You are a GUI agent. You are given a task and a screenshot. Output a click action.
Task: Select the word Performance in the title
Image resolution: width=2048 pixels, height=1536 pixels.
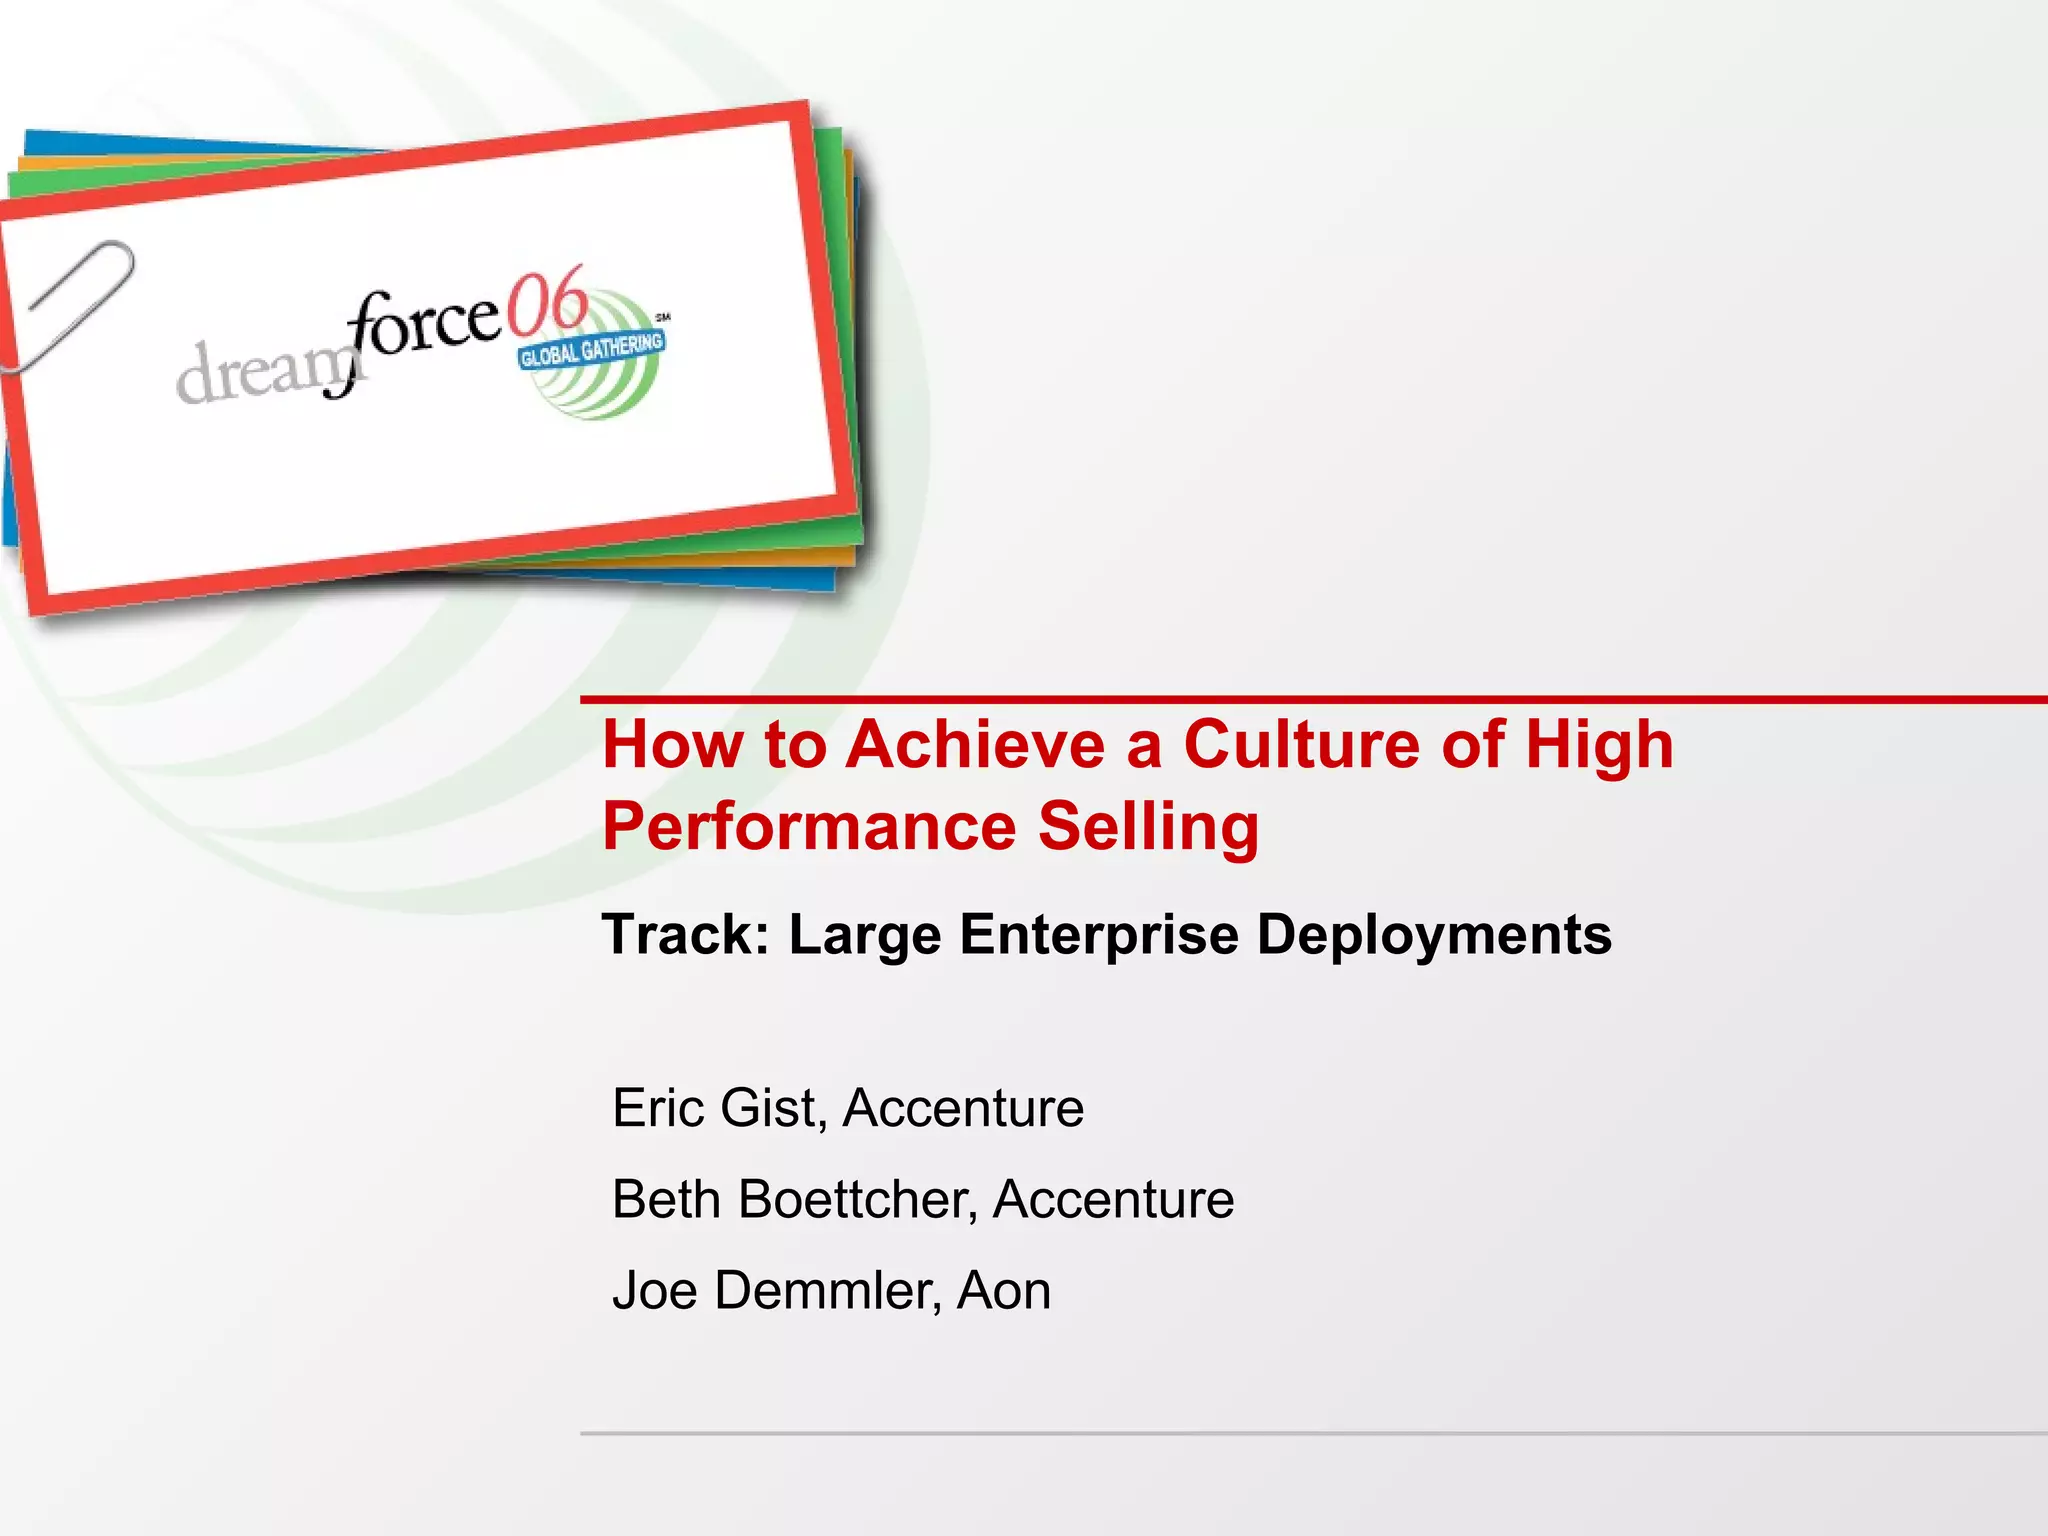(x=809, y=827)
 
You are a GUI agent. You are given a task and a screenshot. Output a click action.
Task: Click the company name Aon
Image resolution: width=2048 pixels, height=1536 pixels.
(x=1004, y=1290)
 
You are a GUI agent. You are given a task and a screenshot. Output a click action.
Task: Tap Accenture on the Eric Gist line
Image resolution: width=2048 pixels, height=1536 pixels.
(x=963, y=1108)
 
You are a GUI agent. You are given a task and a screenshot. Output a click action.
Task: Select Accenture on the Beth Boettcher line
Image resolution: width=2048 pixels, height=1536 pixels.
(x=1113, y=1199)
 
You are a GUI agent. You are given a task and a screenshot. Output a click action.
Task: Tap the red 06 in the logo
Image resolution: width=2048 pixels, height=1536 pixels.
(x=546, y=302)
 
